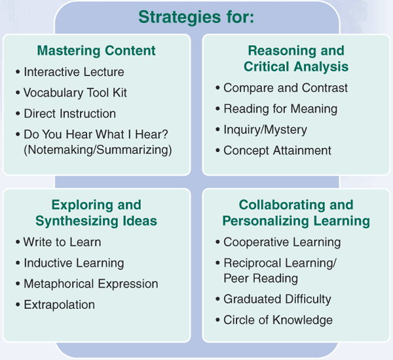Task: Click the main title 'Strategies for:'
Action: click(x=196, y=17)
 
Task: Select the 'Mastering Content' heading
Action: click(x=96, y=50)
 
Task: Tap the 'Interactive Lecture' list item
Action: click(x=74, y=72)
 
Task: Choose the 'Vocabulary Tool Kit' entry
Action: click(x=75, y=93)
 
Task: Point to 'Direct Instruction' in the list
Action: click(x=69, y=113)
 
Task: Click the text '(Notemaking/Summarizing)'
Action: click(x=98, y=150)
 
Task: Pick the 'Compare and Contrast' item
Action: click(x=286, y=88)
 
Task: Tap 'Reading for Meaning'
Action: click(x=280, y=109)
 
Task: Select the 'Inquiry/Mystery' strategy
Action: click(x=265, y=130)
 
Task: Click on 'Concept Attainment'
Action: click(x=278, y=151)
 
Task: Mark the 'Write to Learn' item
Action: click(x=62, y=242)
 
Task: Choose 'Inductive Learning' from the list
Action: click(x=74, y=263)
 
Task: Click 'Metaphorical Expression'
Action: click(x=91, y=284)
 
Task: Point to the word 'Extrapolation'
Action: click(x=60, y=305)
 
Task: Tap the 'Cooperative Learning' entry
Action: click(x=282, y=243)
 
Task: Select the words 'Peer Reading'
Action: click(x=261, y=279)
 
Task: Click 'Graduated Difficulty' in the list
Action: click(x=278, y=299)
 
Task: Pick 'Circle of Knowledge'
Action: click(x=278, y=320)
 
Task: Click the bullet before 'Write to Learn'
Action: click(x=18, y=243)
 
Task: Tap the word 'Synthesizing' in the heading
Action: click(x=77, y=221)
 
